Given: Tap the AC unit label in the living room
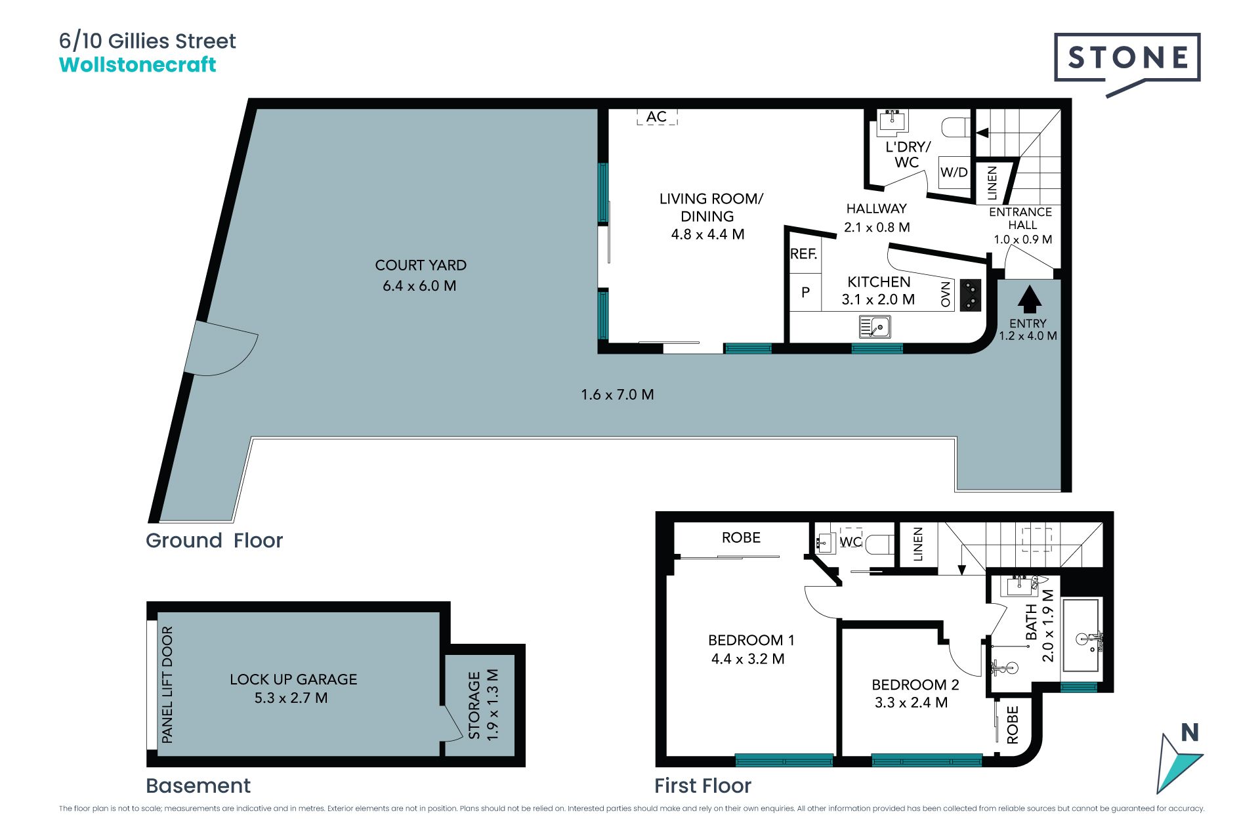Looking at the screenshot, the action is (x=656, y=117).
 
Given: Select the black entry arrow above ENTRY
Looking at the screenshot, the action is (x=1029, y=299).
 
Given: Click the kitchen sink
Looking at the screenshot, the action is (x=875, y=326).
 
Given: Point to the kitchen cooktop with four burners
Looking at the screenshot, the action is (x=971, y=295).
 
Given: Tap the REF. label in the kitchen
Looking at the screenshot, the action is (x=804, y=254).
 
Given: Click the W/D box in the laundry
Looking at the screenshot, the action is (x=954, y=173).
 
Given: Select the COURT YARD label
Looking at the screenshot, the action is (x=421, y=265).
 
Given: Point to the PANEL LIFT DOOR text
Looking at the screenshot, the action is (x=167, y=684).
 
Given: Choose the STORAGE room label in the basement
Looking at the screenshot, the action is (x=474, y=705).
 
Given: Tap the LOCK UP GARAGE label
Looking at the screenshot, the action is (x=293, y=679).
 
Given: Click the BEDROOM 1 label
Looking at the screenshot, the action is (x=751, y=640).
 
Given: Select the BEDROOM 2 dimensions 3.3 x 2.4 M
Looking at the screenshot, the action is (x=912, y=703).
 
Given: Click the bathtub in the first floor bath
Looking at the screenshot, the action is (x=1081, y=635).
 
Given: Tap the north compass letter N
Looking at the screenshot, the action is (x=1190, y=732).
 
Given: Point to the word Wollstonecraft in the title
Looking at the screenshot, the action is (x=138, y=64).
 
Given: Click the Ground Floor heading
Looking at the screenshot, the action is (x=214, y=541).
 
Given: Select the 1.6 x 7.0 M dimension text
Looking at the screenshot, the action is (x=618, y=394).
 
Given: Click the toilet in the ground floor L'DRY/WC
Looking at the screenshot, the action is (x=955, y=127).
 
